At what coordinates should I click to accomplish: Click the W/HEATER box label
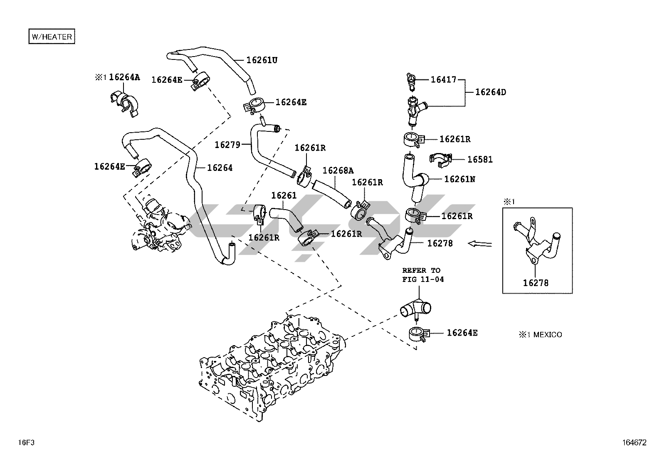pyautogui.click(x=52, y=36)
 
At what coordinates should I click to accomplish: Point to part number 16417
pyautogui.click(x=443, y=79)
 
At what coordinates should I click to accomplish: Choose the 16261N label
pyautogui.click(x=459, y=179)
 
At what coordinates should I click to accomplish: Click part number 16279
pyautogui.click(x=227, y=145)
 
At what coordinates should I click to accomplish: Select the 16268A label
pyautogui.click(x=338, y=170)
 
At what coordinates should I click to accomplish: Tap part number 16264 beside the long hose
pyautogui.click(x=220, y=168)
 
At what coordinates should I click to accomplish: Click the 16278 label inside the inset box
pyautogui.click(x=536, y=283)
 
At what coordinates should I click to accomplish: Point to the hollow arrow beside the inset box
pyautogui.click(x=480, y=244)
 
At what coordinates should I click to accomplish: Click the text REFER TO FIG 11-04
pyautogui.click(x=422, y=275)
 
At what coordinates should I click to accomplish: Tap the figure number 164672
pyautogui.click(x=635, y=443)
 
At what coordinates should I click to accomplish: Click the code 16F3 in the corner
pyautogui.click(x=26, y=442)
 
